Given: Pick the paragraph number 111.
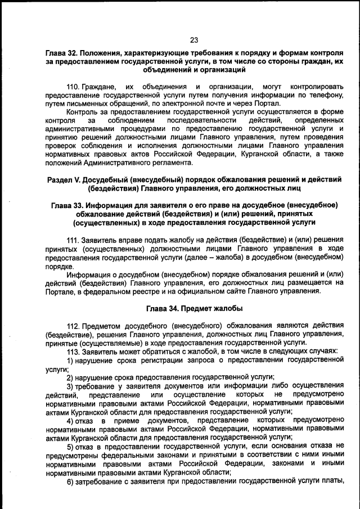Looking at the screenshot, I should tap(73, 240).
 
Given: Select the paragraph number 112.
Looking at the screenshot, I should tap(73, 326).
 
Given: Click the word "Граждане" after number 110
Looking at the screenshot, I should tap(99, 87).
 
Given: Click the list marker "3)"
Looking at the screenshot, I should tap(71, 385).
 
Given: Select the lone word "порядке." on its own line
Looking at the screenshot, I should tap(59, 266).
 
